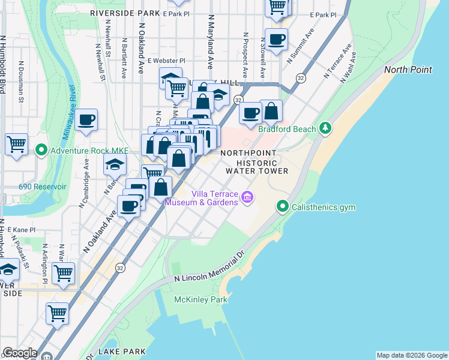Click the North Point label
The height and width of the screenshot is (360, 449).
(x=408, y=70)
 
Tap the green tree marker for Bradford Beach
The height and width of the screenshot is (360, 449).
(x=325, y=127)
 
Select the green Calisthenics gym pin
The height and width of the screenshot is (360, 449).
(x=283, y=207)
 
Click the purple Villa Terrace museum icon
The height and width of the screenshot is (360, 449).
(x=246, y=197)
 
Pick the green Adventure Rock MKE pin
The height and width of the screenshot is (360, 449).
(x=41, y=149)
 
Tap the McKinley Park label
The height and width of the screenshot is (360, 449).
(x=196, y=299)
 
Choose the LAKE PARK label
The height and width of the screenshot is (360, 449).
(x=122, y=351)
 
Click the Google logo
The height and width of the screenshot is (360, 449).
(x=20, y=353)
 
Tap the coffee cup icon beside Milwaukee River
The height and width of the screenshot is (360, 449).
(x=86, y=120)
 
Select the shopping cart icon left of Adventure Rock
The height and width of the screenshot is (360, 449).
(x=16, y=144)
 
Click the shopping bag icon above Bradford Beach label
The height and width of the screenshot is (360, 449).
(x=271, y=111)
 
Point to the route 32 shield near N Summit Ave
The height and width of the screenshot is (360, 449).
(x=301, y=78)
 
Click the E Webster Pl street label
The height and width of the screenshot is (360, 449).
(x=166, y=61)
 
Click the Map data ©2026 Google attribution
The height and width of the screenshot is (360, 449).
(x=412, y=355)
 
